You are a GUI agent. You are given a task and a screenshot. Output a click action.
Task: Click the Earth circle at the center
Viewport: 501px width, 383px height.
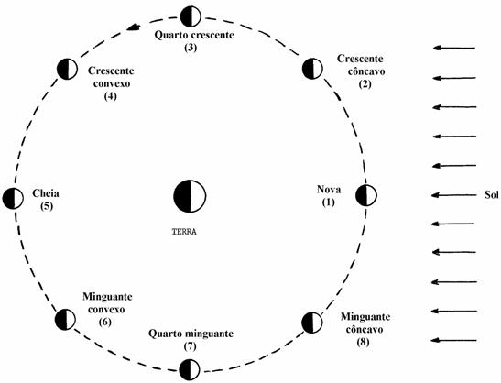(190, 196)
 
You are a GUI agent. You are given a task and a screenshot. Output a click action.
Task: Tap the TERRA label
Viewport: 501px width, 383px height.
(184, 232)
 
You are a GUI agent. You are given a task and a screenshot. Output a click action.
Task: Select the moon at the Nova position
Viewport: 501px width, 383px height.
(366, 195)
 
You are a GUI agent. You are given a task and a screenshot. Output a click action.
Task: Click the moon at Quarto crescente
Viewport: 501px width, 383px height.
(191, 16)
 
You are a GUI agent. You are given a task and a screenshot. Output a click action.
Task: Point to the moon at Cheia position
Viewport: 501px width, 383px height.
(13, 198)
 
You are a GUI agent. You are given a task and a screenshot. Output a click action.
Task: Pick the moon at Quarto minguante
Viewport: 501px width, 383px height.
(190, 370)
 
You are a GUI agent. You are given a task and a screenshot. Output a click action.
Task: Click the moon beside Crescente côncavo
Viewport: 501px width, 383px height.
(312, 69)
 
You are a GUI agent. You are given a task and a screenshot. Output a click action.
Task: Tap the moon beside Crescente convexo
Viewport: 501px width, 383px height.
(67, 69)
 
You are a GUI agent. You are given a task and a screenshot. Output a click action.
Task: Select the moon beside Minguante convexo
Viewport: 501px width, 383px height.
(65, 320)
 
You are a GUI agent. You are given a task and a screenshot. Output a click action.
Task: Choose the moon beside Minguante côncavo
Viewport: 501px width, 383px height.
(312, 323)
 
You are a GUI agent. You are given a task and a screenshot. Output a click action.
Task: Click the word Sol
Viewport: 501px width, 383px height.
(492, 194)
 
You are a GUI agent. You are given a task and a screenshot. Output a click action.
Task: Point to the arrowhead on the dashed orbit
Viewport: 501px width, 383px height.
(133, 27)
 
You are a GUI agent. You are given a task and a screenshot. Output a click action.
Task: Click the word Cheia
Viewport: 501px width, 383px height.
(46, 193)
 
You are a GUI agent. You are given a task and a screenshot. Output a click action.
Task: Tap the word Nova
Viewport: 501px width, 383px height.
(329, 190)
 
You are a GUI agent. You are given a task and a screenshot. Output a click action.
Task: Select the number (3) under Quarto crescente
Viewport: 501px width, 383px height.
(191, 48)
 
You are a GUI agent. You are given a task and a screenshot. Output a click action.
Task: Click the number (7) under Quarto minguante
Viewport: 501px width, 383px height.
(191, 346)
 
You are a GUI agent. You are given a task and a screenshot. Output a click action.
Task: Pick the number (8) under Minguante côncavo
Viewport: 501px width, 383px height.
(364, 342)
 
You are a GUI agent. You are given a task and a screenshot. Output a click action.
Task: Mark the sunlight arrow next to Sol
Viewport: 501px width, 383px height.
(454, 195)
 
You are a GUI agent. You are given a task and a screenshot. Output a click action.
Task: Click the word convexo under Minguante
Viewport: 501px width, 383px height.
(106, 310)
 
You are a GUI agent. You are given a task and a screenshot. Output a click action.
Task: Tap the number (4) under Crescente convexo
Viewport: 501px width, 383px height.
(110, 96)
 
